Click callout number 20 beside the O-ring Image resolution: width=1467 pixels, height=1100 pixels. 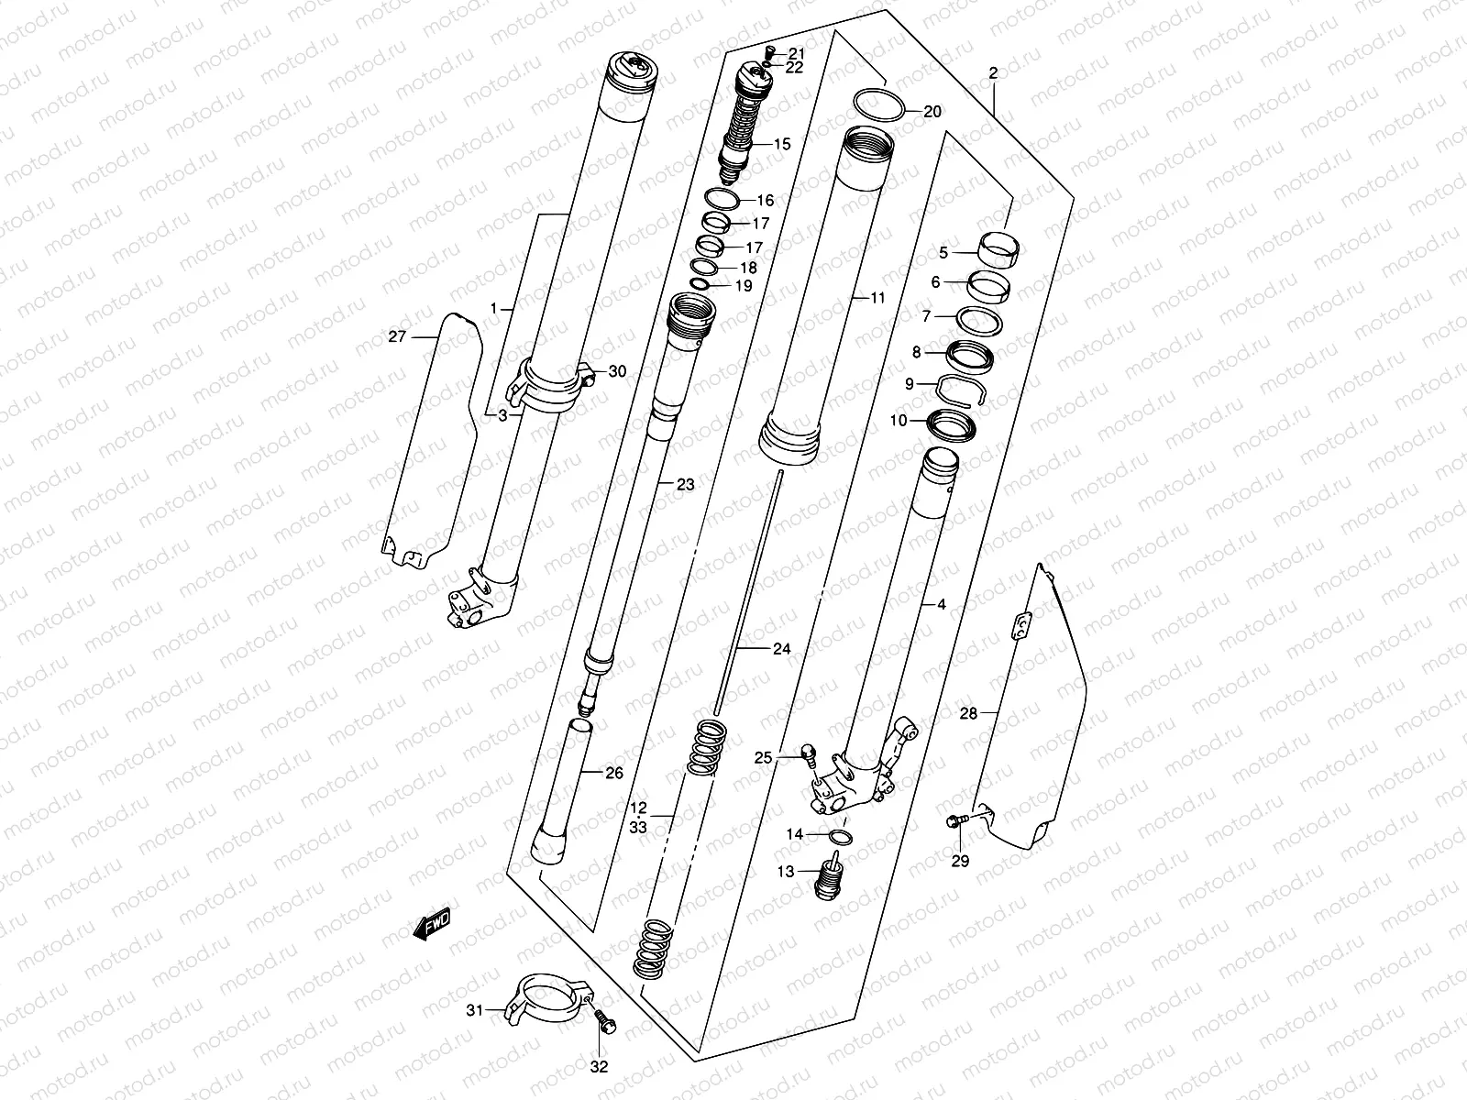click(x=932, y=112)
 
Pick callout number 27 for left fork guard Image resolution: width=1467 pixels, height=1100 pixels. click(x=396, y=336)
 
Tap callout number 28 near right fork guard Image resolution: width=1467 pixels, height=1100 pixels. click(x=968, y=712)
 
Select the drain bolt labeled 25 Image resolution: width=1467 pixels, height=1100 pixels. click(x=808, y=753)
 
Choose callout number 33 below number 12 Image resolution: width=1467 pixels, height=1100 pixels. click(x=639, y=828)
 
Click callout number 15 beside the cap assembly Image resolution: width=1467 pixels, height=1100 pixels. click(x=781, y=144)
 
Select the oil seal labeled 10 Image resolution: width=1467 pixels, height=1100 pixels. click(x=950, y=423)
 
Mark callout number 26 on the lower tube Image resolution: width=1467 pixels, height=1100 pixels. click(x=613, y=773)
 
